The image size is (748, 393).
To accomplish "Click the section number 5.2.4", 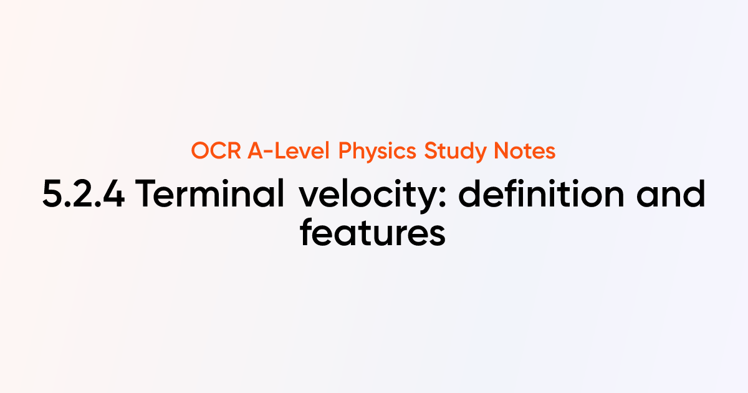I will pos(83,196).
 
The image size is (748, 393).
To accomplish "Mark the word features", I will pos(373,234).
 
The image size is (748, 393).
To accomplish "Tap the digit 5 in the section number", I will pos(52,196).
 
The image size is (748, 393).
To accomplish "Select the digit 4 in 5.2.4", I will pos(112,196).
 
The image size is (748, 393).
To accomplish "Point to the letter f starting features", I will pos(307,233).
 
